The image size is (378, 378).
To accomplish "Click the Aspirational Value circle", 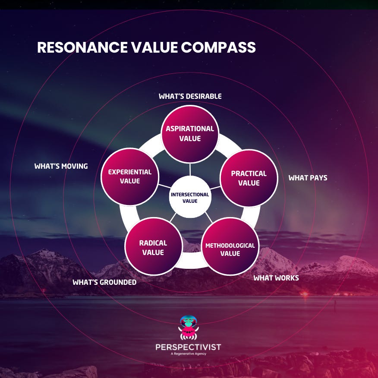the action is pyautogui.click(x=190, y=134).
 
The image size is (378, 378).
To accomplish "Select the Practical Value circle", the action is pyautogui.click(x=249, y=178).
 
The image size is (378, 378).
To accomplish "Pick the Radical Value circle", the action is pyautogui.click(x=153, y=247).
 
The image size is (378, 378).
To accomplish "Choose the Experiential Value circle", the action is pyautogui.click(x=129, y=176).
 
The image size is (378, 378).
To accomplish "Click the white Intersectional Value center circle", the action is pyautogui.click(x=190, y=197).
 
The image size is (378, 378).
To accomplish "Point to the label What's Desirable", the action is pyautogui.click(x=190, y=96).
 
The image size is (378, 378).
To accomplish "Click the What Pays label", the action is pyautogui.click(x=308, y=178).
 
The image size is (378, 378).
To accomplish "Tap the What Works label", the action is pyautogui.click(x=276, y=278).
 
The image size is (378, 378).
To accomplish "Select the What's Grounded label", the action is pyautogui.click(x=104, y=282).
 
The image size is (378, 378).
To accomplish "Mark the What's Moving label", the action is pyautogui.click(x=61, y=166).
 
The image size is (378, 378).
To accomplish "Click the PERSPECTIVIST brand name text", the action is pyautogui.click(x=189, y=347).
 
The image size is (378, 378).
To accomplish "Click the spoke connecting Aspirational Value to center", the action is pyautogui.click(x=190, y=170).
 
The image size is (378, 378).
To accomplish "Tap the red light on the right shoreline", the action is pyautogui.click(x=304, y=294).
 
